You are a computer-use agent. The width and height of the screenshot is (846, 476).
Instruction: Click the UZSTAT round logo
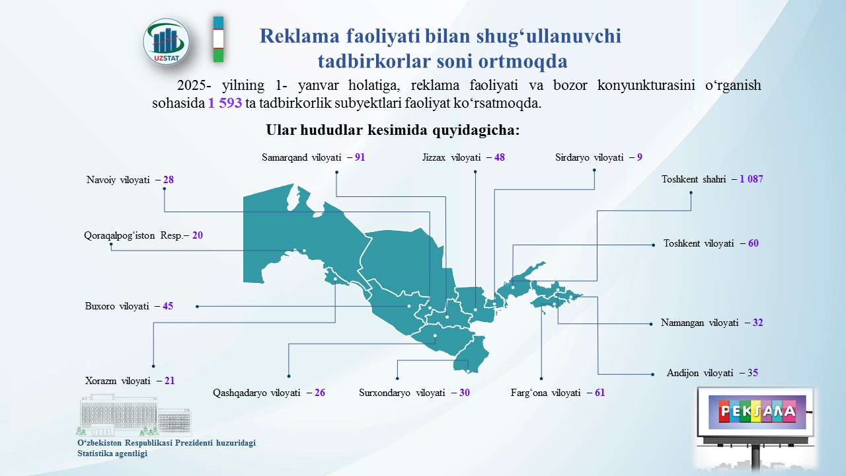(166, 42)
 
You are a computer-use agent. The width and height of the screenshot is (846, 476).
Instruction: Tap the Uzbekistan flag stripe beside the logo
(218, 39)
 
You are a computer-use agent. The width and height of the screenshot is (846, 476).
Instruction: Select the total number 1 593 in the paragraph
(225, 102)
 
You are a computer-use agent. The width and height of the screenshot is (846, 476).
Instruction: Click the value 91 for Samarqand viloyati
(360, 157)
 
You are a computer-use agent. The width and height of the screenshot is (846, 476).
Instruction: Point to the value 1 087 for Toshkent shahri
(751, 179)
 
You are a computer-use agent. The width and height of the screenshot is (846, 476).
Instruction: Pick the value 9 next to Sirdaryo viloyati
(639, 157)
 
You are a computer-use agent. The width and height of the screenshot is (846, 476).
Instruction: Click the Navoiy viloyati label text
(118, 180)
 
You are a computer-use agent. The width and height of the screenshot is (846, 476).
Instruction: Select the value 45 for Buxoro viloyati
(168, 306)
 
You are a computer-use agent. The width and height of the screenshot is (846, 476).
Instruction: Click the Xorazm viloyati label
(118, 381)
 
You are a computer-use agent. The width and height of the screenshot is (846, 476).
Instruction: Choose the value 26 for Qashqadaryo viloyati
(320, 393)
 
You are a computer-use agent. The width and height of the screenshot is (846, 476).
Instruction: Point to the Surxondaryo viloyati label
(403, 393)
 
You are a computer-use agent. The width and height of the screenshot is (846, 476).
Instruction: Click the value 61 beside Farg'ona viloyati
(599, 393)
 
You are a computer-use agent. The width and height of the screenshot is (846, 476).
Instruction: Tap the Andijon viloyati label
(700, 374)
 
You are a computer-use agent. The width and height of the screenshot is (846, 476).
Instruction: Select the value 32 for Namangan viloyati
(757, 322)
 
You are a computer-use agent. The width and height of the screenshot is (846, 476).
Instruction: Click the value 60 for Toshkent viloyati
(753, 243)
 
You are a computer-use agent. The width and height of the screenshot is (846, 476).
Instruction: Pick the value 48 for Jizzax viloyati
(500, 157)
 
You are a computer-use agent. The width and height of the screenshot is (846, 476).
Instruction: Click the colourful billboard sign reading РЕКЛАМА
(757, 412)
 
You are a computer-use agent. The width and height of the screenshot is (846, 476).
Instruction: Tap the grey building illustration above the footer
(135, 415)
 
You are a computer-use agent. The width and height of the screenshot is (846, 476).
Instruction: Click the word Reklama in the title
(299, 36)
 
